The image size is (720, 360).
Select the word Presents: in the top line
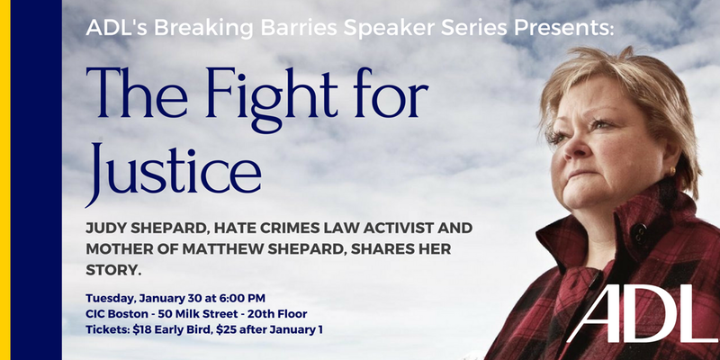click(563, 28)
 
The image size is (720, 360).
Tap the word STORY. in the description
click(113, 271)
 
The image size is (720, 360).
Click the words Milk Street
click(204, 314)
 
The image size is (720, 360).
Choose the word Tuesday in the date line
click(110, 299)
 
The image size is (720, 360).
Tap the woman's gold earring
click(672, 172)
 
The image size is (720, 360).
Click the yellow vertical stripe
click(5, 180)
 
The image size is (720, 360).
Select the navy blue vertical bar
click(36, 180)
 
